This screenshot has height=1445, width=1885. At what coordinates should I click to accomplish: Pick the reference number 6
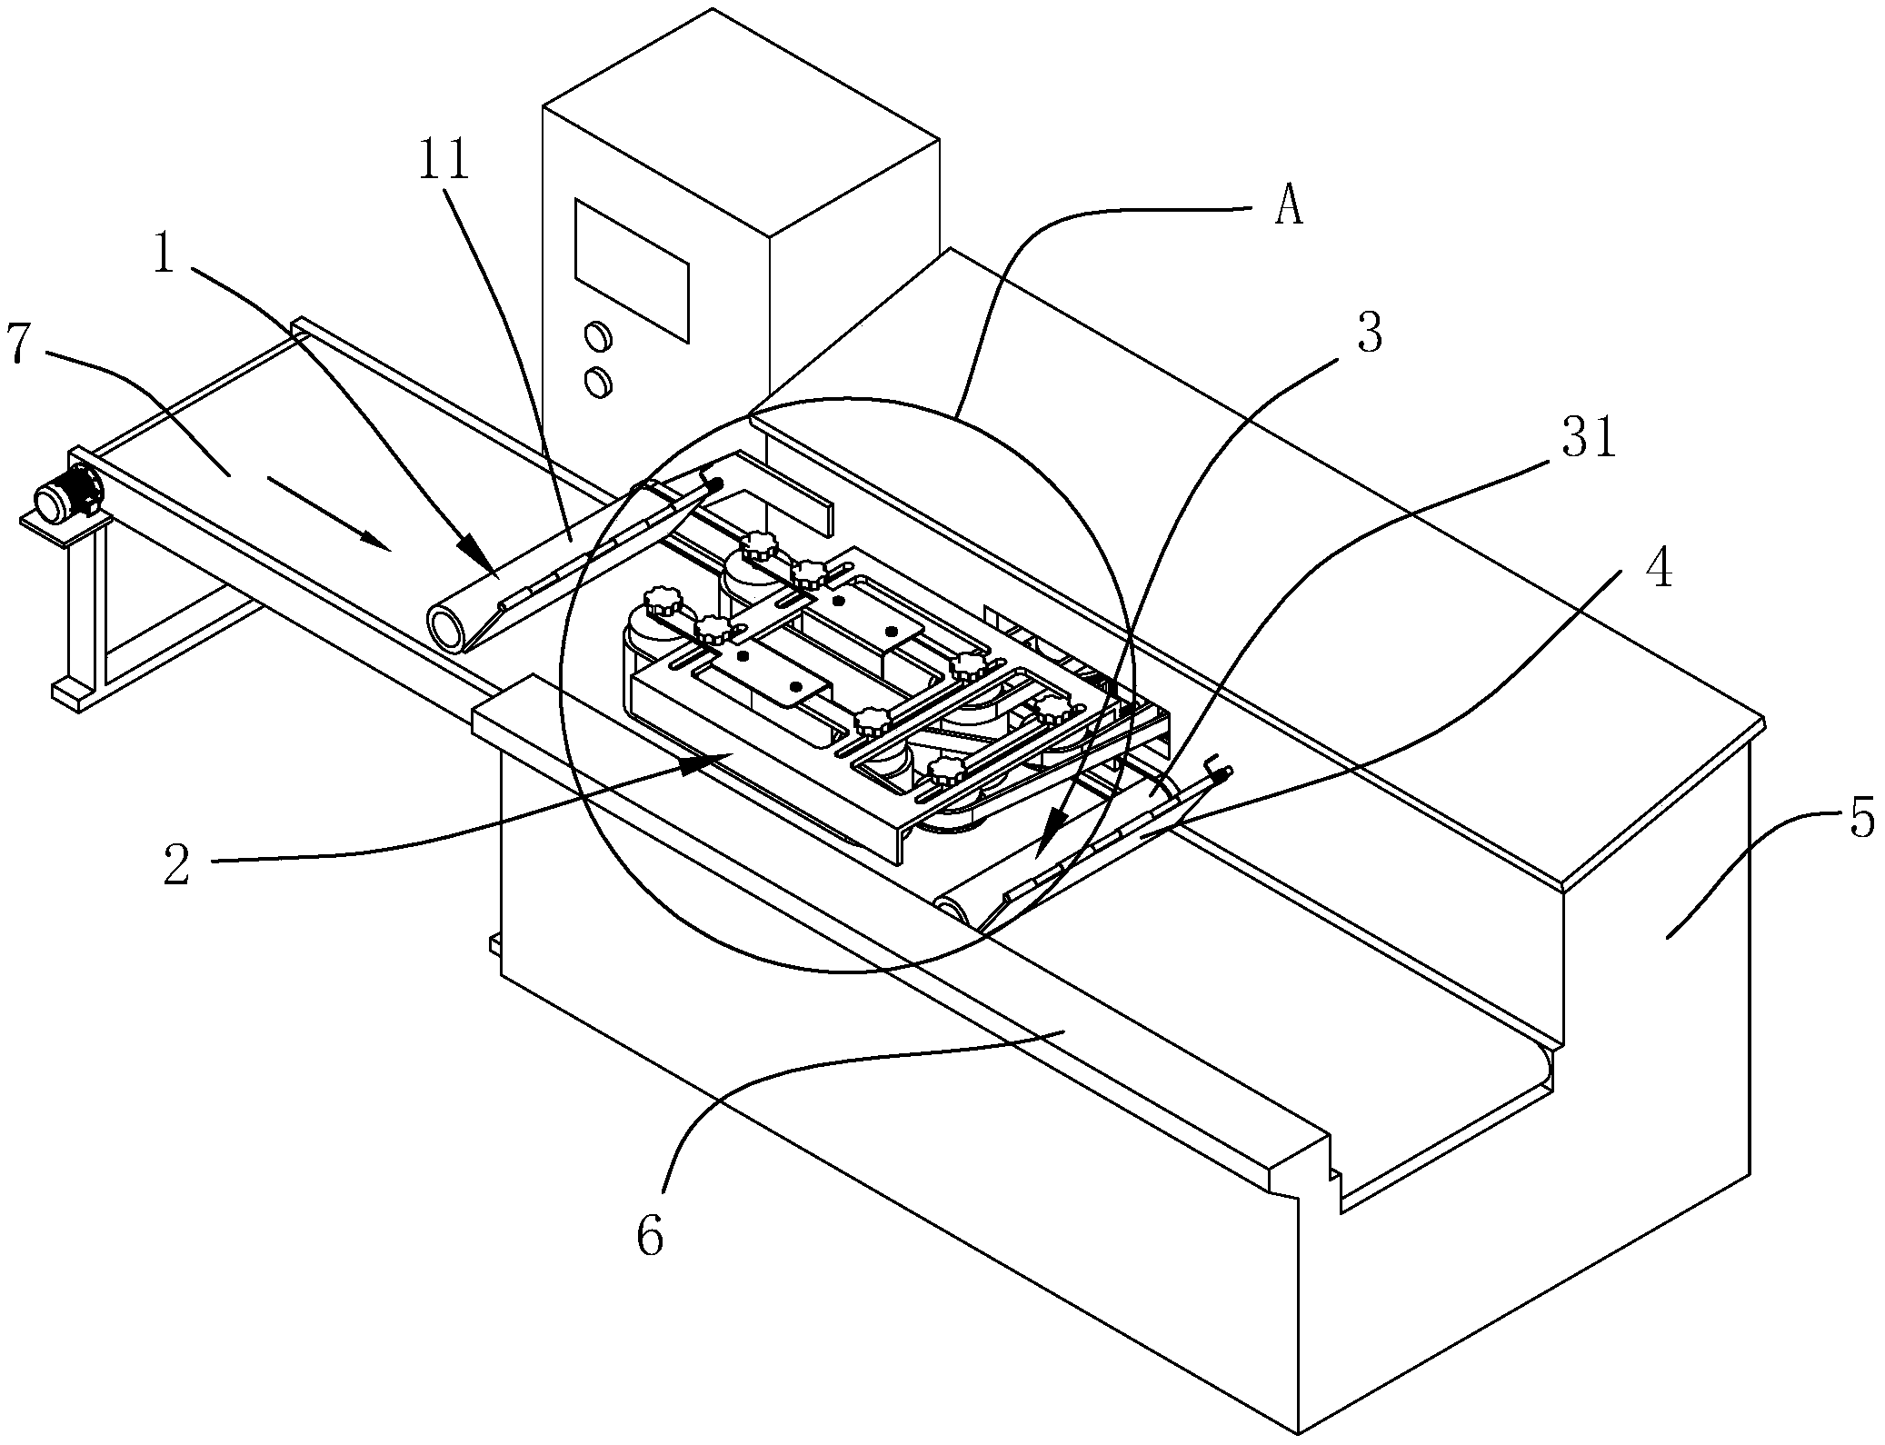coord(651,1237)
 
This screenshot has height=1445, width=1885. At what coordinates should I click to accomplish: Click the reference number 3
coord(1369,334)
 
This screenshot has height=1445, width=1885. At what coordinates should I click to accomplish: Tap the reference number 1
coord(163,254)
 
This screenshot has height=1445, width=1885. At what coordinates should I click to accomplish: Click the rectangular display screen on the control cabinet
coord(631,270)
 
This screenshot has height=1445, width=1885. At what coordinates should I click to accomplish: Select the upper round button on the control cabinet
coord(598,336)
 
